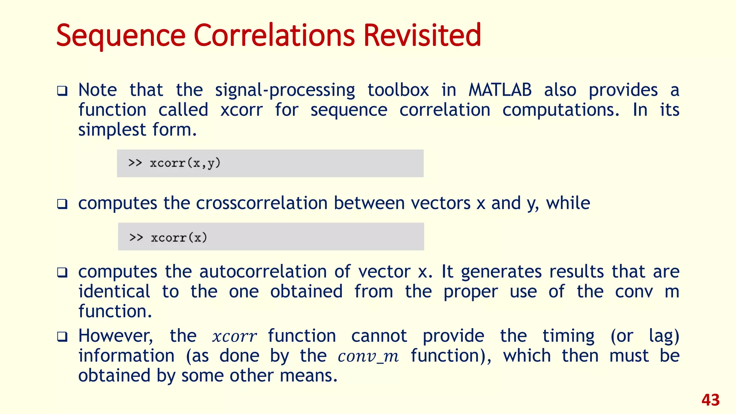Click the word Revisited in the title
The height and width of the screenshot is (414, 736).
point(422,35)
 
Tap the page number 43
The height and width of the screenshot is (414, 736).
point(710,400)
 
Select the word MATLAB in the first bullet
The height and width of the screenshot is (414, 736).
point(500,90)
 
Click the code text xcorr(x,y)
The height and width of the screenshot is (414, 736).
point(185,163)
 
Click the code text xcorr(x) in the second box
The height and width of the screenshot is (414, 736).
point(179,238)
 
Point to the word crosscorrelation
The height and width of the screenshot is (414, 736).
point(262,203)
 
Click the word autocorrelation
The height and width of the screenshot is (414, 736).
point(263,271)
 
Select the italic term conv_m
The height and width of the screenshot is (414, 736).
point(368,356)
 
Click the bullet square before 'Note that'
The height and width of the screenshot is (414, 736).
point(62,91)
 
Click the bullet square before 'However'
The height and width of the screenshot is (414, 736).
point(62,337)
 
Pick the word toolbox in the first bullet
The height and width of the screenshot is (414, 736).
point(398,90)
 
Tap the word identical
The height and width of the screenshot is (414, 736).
point(114,291)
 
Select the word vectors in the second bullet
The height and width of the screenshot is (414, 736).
point(441,203)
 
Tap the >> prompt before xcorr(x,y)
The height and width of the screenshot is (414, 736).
point(135,163)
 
